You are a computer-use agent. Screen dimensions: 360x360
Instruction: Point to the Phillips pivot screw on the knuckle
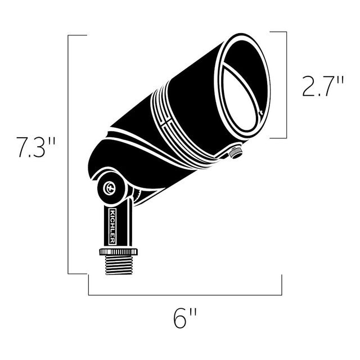point(110,188)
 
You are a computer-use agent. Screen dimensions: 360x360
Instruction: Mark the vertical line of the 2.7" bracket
point(287,84)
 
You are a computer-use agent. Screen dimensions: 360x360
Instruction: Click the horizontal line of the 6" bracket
point(185,295)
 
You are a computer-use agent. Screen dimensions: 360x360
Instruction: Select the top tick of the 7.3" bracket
point(78,35)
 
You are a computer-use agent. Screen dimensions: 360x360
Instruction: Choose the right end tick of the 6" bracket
point(281,285)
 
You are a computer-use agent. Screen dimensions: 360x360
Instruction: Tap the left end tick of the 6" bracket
point(88,285)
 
